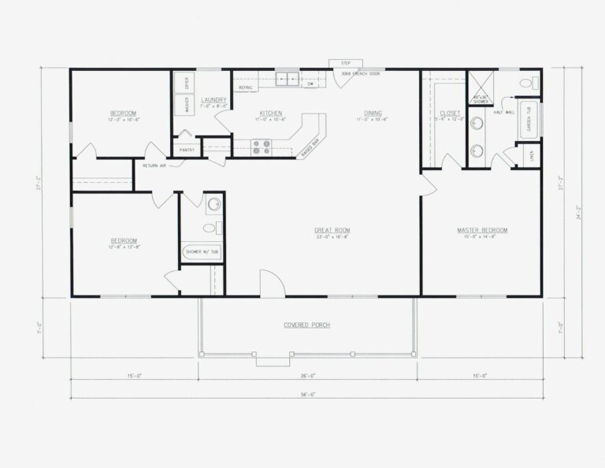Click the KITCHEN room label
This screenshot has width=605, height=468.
[270, 113]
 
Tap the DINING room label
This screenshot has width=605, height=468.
[373, 113]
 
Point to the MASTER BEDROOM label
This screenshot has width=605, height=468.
[482, 230]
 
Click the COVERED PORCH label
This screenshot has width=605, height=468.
[306, 325]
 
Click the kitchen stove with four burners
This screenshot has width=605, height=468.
[261, 146]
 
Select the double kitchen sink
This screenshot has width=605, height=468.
[287, 78]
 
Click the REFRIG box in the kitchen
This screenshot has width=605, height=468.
[245, 87]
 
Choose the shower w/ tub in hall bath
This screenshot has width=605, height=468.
[202, 252]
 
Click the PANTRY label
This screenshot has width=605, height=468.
[187, 150]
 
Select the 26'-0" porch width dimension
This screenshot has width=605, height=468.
[308, 377]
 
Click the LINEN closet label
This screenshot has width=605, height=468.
[533, 156]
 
